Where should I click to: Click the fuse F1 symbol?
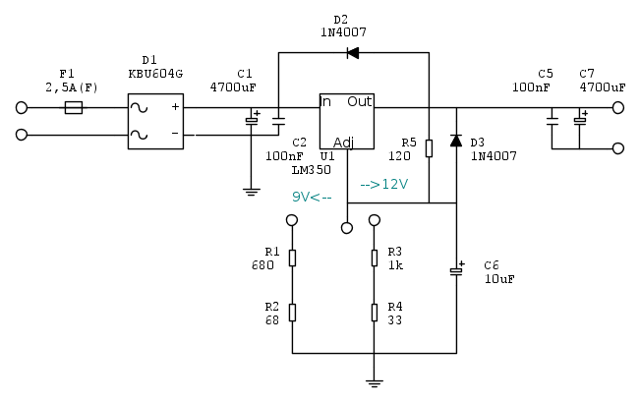[73, 107]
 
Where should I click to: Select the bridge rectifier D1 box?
[155, 121]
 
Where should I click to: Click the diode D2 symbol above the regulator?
[353, 52]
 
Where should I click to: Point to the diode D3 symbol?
[456, 141]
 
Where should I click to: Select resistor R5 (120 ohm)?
[429, 148]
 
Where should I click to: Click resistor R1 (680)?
[292, 258]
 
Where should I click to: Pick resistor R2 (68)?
[292, 313]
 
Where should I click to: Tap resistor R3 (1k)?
[374, 258]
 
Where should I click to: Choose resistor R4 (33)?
[374, 313]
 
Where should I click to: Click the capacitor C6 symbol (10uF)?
[456, 268]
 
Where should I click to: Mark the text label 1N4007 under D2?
[340, 32]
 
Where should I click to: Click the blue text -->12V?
[384, 184]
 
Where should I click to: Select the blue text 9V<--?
[313, 197]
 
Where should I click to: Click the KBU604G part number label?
[155, 73]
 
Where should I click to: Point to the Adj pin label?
[343, 141]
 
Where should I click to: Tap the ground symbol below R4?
[374, 382]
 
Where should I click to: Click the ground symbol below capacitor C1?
[252, 192]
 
